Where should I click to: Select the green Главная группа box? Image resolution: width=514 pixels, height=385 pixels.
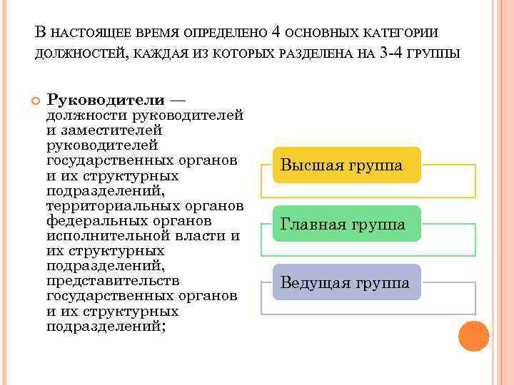coord(343,224)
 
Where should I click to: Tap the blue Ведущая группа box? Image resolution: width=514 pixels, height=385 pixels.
coord(346,282)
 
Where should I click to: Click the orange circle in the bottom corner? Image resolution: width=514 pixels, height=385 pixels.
coord(473,336)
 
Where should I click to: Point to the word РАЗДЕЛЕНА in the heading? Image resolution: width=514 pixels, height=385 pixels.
coord(316,53)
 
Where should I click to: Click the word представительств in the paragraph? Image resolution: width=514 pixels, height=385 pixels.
coord(113,281)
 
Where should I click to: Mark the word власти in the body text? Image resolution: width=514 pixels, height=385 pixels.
coord(201,235)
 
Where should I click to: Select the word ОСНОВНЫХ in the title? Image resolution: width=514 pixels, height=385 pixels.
coord(324,34)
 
